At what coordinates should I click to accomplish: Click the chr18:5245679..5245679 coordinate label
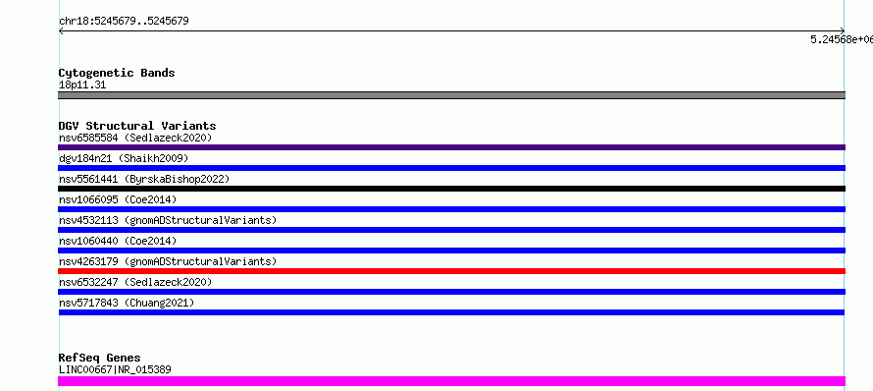pyautogui.click(x=124, y=22)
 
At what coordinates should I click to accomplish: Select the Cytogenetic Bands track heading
pyautogui.click(x=117, y=73)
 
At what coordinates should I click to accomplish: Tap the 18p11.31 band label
pyautogui.click(x=82, y=85)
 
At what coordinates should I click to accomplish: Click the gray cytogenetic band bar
pyautogui.click(x=451, y=95)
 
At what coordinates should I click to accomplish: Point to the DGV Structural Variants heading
pyautogui.click(x=137, y=126)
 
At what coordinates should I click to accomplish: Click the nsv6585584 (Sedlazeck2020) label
pyautogui.click(x=135, y=138)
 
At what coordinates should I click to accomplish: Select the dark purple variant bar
pyautogui.click(x=451, y=147)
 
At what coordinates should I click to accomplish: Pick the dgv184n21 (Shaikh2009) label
pyautogui.click(x=124, y=158)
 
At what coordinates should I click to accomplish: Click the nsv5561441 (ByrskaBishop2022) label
pyautogui.click(x=144, y=179)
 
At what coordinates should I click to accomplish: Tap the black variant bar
pyautogui.click(x=451, y=189)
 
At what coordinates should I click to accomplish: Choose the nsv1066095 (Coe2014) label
pyautogui.click(x=118, y=199)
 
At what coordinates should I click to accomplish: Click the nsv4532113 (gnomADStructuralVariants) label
pyautogui.click(x=168, y=220)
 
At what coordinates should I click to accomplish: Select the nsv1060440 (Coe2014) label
pyautogui.click(x=118, y=241)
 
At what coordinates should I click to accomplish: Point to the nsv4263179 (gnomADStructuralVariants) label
pyautogui.click(x=168, y=261)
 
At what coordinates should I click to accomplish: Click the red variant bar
pyautogui.click(x=451, y=271)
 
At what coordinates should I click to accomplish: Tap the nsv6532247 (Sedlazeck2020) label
pyautogui.click(x=135, y=282)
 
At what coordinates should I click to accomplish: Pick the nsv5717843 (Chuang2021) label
pyautogui.click(x=127, y=303)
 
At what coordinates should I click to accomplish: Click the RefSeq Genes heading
pyautogui.click(x=100, y=358)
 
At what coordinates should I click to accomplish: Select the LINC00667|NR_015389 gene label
pyautogui.click(x=115, y=369)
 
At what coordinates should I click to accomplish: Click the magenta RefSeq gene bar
pyautogui.click(x=451, y=381)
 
